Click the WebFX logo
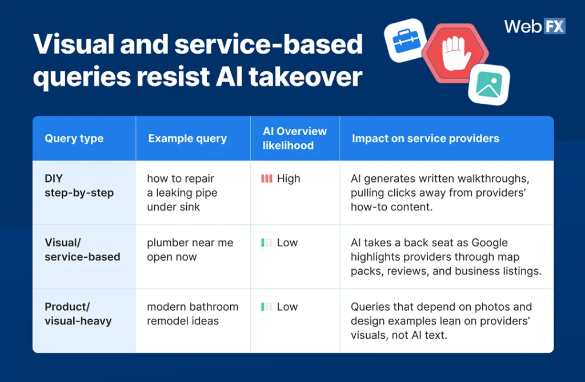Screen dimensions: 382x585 (534, 26)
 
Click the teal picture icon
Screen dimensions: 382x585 (489, 84)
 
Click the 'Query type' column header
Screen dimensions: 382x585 (74, 139)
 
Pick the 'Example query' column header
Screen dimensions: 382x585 (187, 139)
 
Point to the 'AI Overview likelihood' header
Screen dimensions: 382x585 (295, 139)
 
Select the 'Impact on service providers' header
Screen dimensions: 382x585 (425, 139)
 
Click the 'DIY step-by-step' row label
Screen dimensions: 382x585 (79, 186)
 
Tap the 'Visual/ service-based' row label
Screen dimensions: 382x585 (82, 250)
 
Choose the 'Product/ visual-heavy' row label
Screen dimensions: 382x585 (78, 314)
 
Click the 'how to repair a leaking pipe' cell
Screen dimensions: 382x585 (182, 193)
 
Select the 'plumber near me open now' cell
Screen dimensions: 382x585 (190, 250)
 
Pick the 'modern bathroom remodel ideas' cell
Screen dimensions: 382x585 (193, 314)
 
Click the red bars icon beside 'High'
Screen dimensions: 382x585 (266, 179)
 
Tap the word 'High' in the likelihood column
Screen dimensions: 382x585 (289, 179)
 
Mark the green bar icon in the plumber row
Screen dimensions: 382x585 (266, 243)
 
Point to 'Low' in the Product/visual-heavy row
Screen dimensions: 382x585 (287, 307)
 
